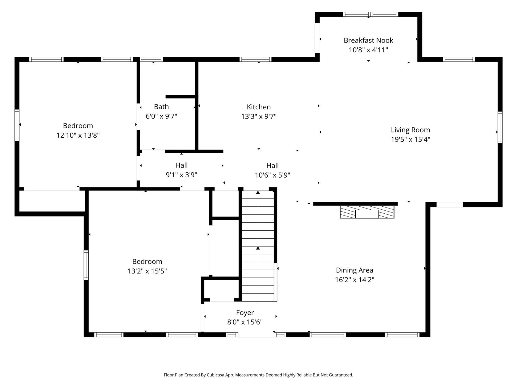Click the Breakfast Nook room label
pos(368,40)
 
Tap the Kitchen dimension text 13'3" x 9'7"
pos(258,116)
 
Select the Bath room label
pos(161,107)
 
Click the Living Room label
pos(410,130)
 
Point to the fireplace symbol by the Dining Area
pos(367,212)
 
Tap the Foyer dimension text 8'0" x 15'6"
pos(245,322)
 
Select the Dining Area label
pos(354,270)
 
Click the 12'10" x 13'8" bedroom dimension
pos(78,135)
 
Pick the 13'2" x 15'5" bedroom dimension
pos(147,271)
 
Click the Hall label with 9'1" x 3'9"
pos(181,165)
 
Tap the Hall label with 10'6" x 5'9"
pos(272,166)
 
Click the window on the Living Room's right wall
pos(500,127)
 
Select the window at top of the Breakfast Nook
pos(370,14)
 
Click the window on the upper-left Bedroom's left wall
pos(17,125)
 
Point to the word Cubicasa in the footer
pos(215,375)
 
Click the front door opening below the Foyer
pos(256,335)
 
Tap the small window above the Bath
pos(152,59)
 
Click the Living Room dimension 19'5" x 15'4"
pos(410,139)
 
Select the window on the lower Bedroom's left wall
pos(86,265)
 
